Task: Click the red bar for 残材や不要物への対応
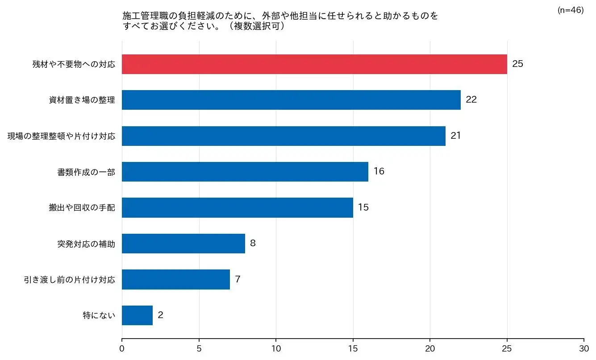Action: pyautogui.click(x=314, y=64)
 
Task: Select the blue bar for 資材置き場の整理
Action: pyautogui.click(x=291, y=100)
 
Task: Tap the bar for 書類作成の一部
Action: pyautogui.click(x=245, y=172)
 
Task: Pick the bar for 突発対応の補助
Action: pyautogui.click(x=183, y=244)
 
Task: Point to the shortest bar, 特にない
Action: pyautogui.click(x=137, y=315)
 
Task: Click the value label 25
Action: pyautogui.click(x=517, y=64)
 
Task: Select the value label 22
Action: pyautogui.click(x=471, y=100)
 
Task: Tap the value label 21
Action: pyautogui.click(x=455, y=136)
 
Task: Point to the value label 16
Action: pyautogui.click(x=379, y=172)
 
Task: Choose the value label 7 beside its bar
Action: pyautogui.click(x=238, y=280)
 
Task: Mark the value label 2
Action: pyautogui.click(x=160, y=315)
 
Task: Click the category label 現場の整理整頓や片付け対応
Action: pyautogui.click(x=61, y=136)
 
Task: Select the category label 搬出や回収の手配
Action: pyautogui.click(x=82, y=208)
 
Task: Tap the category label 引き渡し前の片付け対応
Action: pyautogui.click(x=69, y=280)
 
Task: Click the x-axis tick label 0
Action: pyautogui.click(x=122, y=348)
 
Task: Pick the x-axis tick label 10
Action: pyautogui.click(x=276, y=348)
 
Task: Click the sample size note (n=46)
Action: pyautogui.click(x=570, y=10)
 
